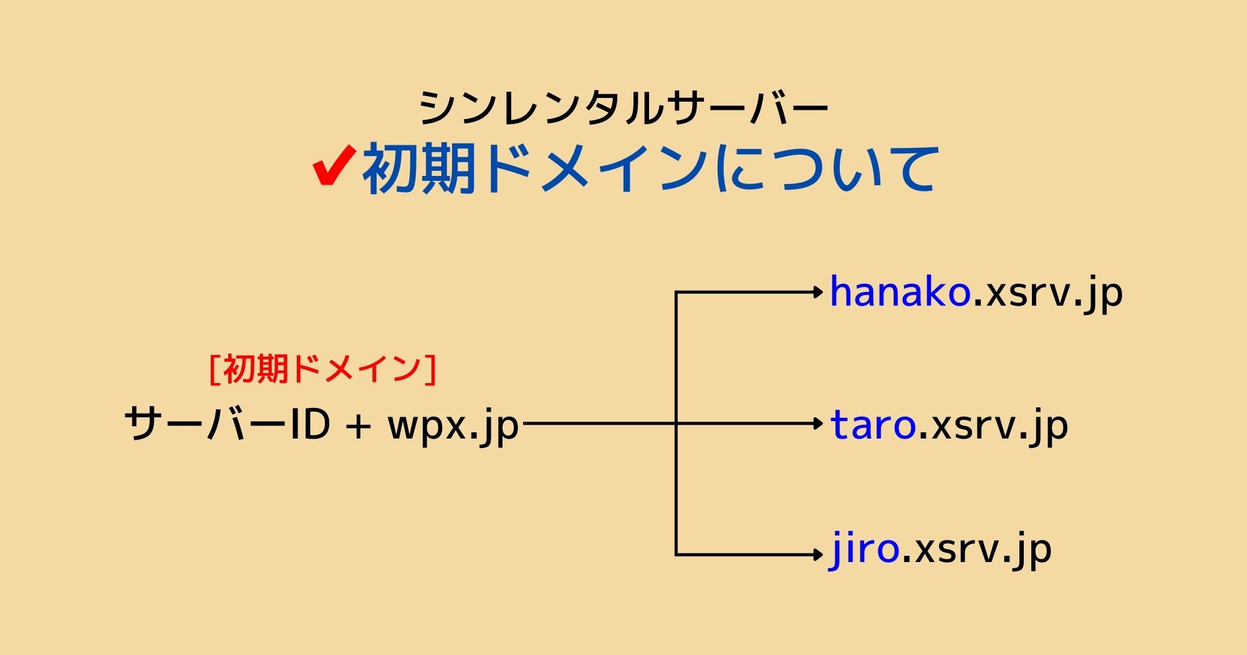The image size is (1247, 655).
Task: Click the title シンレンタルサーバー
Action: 623,108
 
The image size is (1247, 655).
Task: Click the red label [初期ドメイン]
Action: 322,369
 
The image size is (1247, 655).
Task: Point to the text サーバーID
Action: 227,424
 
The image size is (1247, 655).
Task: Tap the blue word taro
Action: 873,425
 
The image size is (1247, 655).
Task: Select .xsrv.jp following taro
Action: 993,426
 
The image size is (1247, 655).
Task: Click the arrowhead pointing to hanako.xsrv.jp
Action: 819,292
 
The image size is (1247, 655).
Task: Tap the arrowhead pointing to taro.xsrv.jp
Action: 819,424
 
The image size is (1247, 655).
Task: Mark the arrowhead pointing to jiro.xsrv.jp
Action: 819,555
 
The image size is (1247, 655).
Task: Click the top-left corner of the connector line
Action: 676,292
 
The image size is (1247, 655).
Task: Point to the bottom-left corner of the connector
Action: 676,555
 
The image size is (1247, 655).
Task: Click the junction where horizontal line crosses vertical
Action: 676,424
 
